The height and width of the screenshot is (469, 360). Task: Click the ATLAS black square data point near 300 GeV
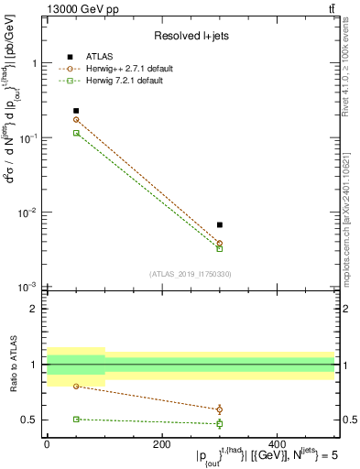tap(220, 224)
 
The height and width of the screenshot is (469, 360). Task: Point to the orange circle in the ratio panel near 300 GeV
tap(220, 409)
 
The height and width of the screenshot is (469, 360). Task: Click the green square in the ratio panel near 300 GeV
tap(220, 423)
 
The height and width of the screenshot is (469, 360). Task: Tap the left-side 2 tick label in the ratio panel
tap(35, 310)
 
